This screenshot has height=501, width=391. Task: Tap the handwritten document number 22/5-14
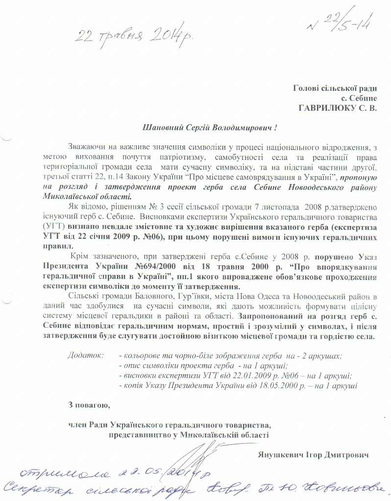(343, 22)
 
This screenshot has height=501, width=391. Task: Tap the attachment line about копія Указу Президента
(238, 386)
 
